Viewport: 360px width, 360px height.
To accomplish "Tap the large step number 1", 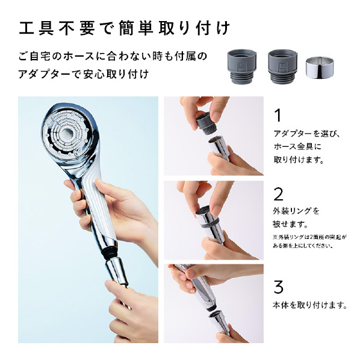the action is coord(278,116).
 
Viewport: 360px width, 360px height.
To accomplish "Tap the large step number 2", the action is coord(278,194).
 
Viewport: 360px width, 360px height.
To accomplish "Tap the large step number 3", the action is coord(278,287).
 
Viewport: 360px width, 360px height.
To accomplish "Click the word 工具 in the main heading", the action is coord(36,28).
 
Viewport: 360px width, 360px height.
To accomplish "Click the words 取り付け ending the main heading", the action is coord(194,28).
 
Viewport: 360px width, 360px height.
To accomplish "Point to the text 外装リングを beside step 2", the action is coord(296,211).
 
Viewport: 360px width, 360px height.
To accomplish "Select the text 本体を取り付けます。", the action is coord(310,305).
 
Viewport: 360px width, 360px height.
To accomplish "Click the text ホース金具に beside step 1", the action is coord(297,146).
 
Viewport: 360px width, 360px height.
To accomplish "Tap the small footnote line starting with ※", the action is coord(309,237).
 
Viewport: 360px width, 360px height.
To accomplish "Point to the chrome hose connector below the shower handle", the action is coord(117,271).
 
